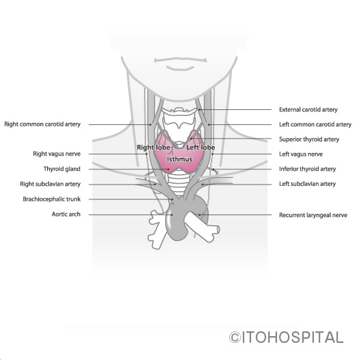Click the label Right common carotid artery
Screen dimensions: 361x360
tap(42, 124)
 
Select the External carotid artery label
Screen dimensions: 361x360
tap(308, 109)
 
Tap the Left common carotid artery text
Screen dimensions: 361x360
tap(315, 124)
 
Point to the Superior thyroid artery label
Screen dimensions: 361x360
tap(309, 139)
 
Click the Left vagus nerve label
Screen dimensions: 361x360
tap(301, 154)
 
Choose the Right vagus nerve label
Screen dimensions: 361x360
tap(57, 154)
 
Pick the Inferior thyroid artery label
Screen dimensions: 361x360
tap(307, 169)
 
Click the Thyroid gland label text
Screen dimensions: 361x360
tap(62, 169)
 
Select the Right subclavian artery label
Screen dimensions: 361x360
tap(50, 184)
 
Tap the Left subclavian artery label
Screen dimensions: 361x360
tap(307, 184)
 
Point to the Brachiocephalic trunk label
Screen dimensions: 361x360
tap(52, 199)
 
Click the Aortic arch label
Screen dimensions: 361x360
tap(66, 214)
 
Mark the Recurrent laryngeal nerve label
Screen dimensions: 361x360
tap(313, 215)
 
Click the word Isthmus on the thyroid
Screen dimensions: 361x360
tap(179, 159)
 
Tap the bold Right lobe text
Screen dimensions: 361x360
tap(154, 148)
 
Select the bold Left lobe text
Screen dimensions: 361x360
tap(201, 148)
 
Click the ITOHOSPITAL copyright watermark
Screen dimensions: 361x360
tap(286, 337)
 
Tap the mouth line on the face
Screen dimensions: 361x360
tap(180, 60)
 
